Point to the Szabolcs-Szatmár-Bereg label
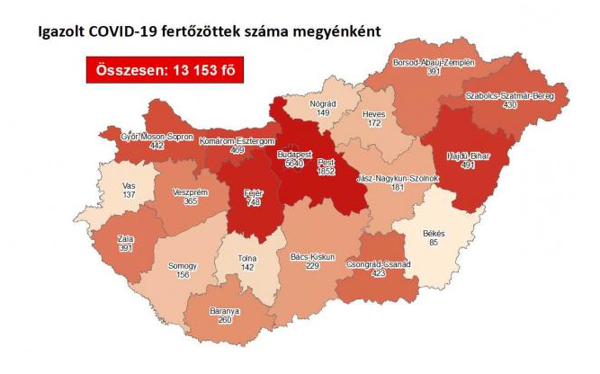click(x=510, y=95)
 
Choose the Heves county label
click(x=373, y=115)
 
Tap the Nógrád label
click(x=322, y=103)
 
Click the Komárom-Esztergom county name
click(x=237, y=141)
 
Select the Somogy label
click(x=183, y=265)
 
